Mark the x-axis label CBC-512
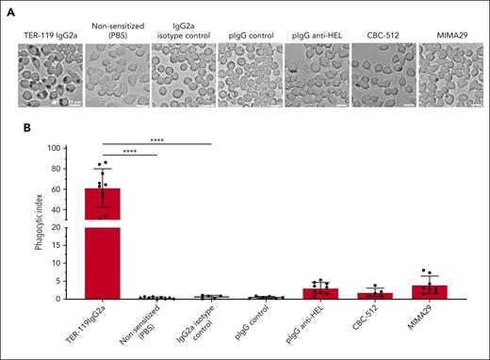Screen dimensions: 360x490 point(369,319)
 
